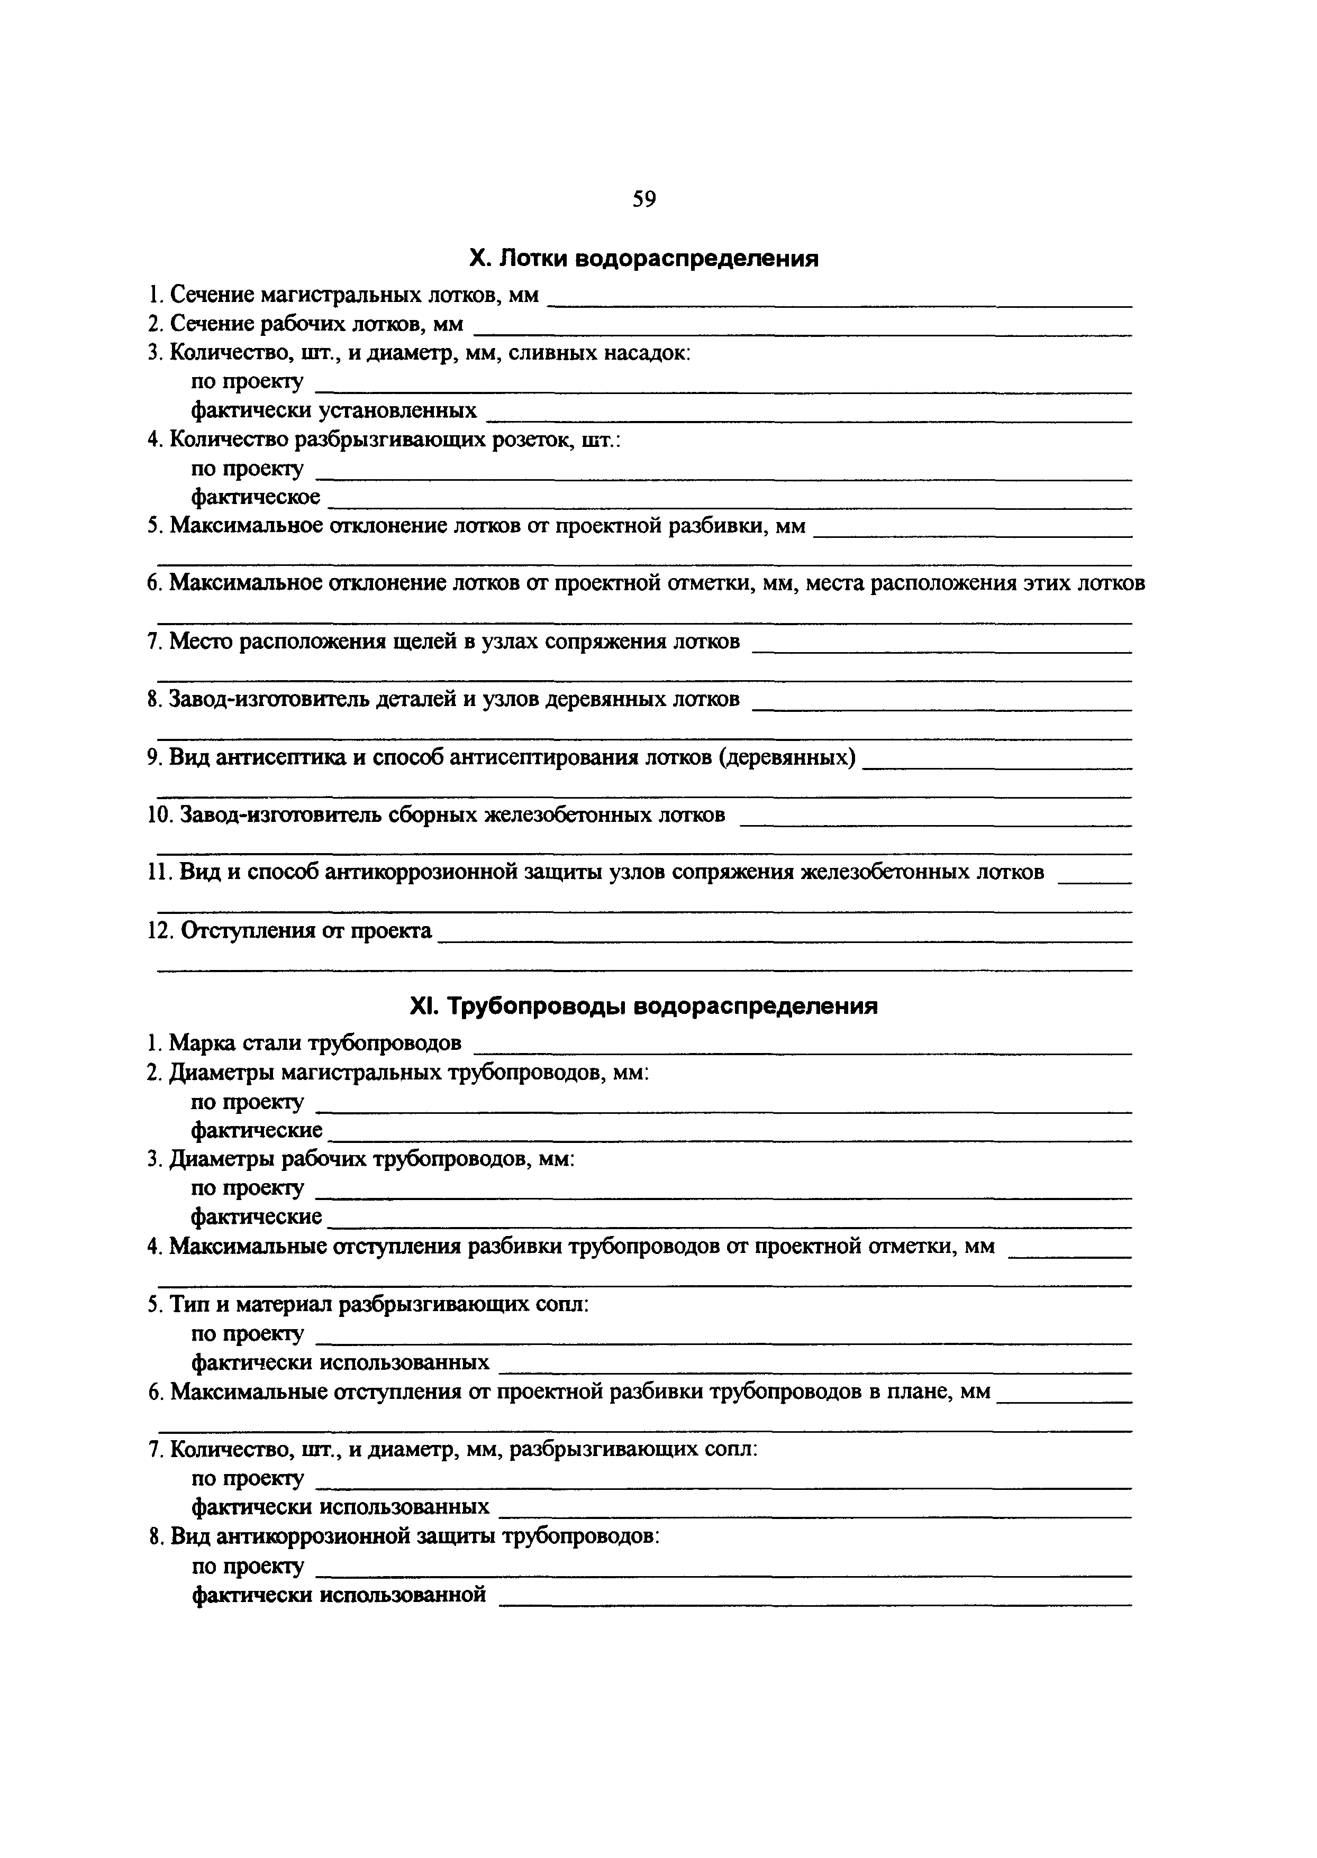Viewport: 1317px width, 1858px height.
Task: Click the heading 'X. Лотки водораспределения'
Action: point(644,259)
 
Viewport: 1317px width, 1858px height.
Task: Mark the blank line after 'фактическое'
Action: point(730,506)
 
